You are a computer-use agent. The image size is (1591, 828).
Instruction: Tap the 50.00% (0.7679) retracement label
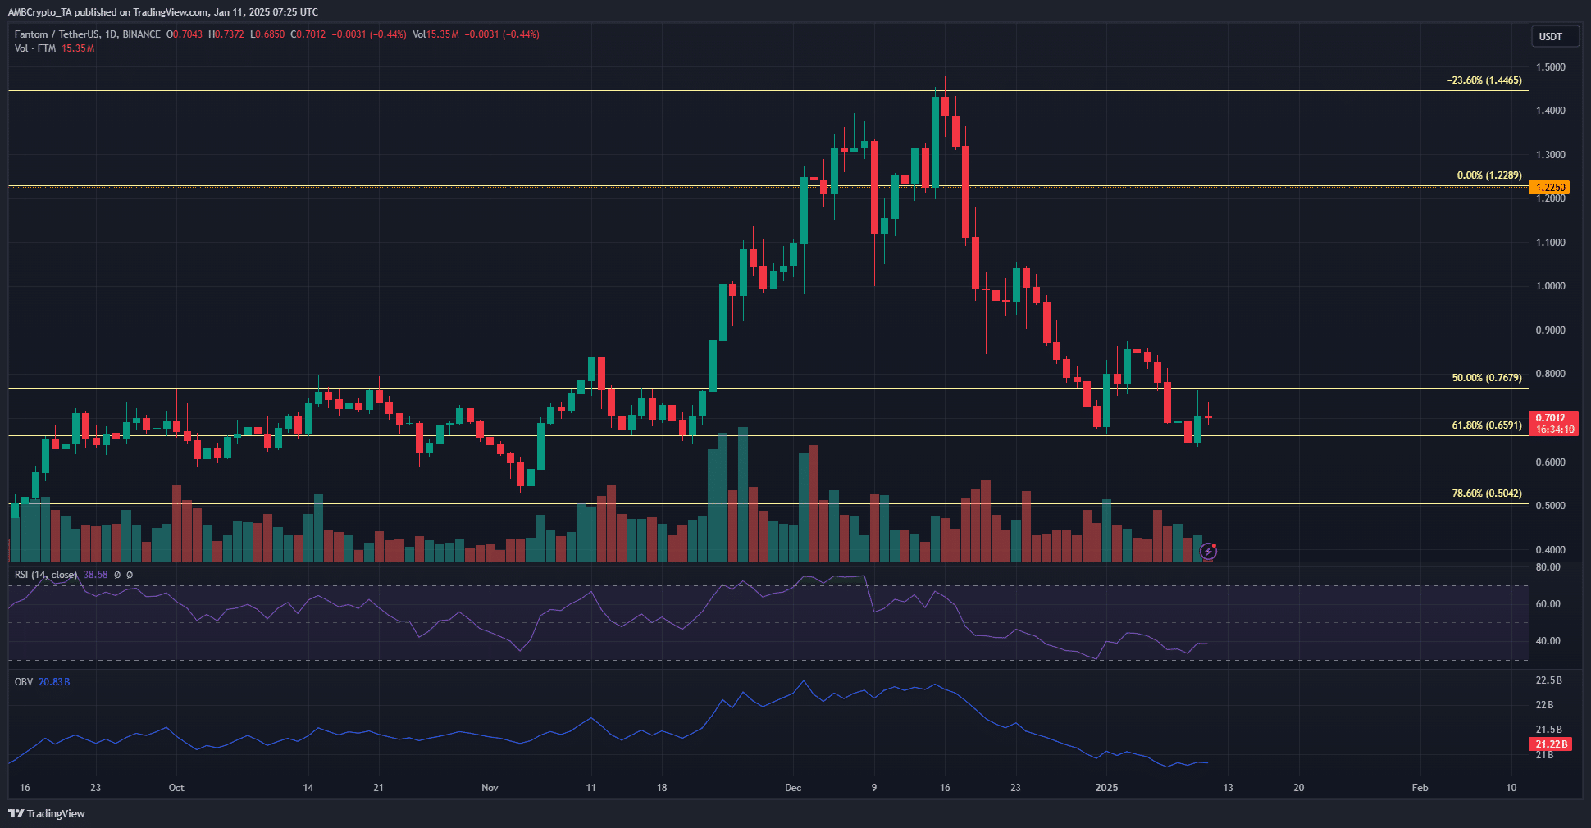point(1486,378)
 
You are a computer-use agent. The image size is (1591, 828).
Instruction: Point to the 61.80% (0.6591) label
point(1486,425)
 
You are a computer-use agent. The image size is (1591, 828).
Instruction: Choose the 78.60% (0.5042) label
point(1486,494)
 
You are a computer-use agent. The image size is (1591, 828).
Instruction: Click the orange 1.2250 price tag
point(1550,188)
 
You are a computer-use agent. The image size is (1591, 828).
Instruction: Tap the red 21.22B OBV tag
point(1551,744)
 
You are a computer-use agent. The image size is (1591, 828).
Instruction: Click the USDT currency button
point(1550,37)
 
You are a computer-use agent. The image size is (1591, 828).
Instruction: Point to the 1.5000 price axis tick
point(1550,67)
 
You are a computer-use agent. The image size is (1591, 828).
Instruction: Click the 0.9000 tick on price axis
point(1550,330)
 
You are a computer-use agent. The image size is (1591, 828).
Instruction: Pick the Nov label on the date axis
point(490,788)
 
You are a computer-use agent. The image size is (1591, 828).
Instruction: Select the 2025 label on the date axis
point(1106,788)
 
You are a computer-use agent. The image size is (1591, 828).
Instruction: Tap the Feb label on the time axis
point(1420,788)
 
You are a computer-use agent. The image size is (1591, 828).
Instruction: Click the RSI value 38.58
point(95,575)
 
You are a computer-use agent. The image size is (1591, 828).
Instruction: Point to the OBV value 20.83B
point(54,682)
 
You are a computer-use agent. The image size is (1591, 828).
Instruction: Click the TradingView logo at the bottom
point(47,813)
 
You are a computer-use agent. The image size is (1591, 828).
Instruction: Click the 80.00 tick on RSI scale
point(1548,567)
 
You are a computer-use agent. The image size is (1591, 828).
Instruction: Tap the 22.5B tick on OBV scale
point(1548,680)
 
